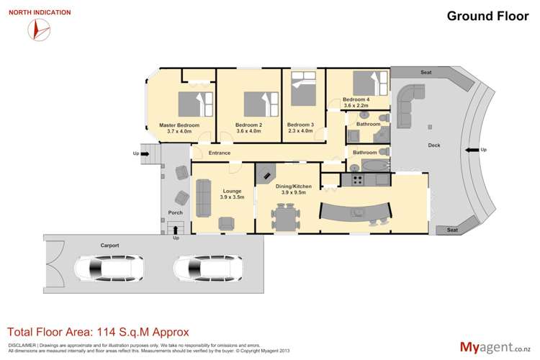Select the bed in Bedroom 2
click(258, 104)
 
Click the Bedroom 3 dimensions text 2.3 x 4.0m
click(302, 130)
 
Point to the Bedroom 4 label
click(356, 99)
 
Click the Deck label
click(433, 145)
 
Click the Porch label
click(175, 212)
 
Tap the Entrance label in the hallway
click(219, 153)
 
